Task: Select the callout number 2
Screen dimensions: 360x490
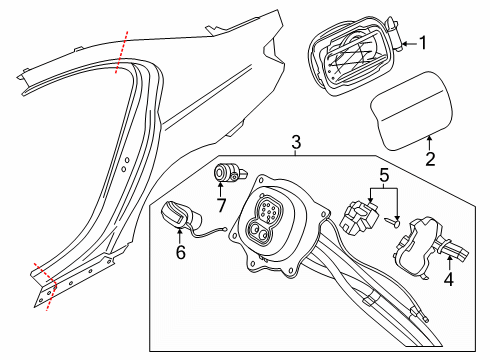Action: tap(431, 158)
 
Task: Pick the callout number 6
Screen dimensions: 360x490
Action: tap(180, 254)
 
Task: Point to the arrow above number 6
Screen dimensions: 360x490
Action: tap(180, 237)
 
